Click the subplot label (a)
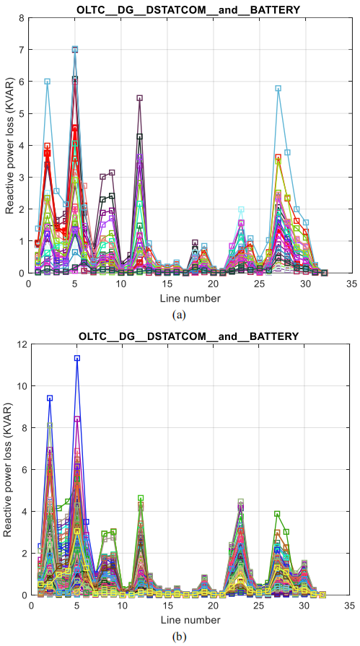pos(180,315)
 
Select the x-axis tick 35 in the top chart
pos(351,284)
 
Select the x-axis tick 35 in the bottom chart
pos(349,606)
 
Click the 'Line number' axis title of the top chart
pos(190,297)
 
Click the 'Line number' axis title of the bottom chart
pos(190,619)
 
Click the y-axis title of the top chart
pos(9,145)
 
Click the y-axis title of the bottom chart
pos(8,469)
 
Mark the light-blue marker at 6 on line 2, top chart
pos(48,82)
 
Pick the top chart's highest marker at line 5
pos(75,49)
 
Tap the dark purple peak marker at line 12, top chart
pos(140,98)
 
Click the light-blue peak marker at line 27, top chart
pos(278,88)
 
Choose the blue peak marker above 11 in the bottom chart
pos(77,358)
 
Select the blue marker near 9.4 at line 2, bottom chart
pos(50,398)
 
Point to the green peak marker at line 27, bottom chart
pos(277,514)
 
